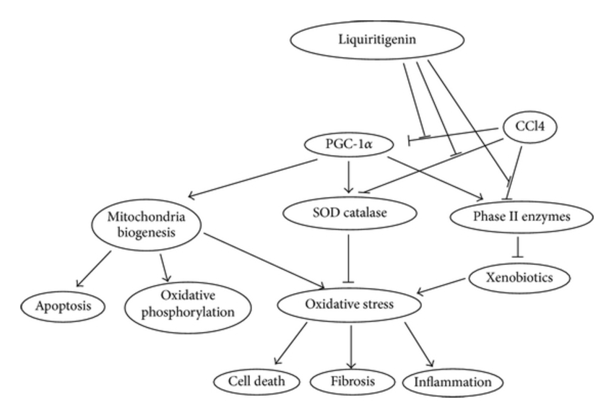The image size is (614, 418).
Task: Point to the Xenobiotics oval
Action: pos(516,277)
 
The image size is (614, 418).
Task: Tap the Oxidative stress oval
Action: pos(350,305)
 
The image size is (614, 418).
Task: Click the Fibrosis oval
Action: pos(350,380)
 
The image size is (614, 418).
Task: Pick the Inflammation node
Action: pos(453,380)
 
